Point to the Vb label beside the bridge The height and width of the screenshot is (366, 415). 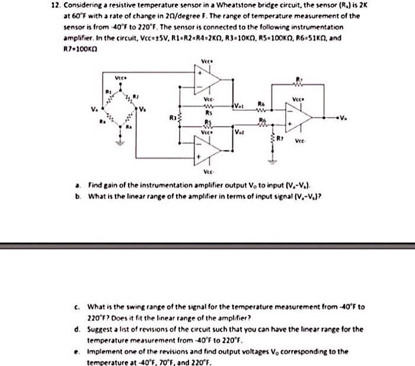pos(142,109)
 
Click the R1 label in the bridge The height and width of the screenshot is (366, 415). pos(108,92)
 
